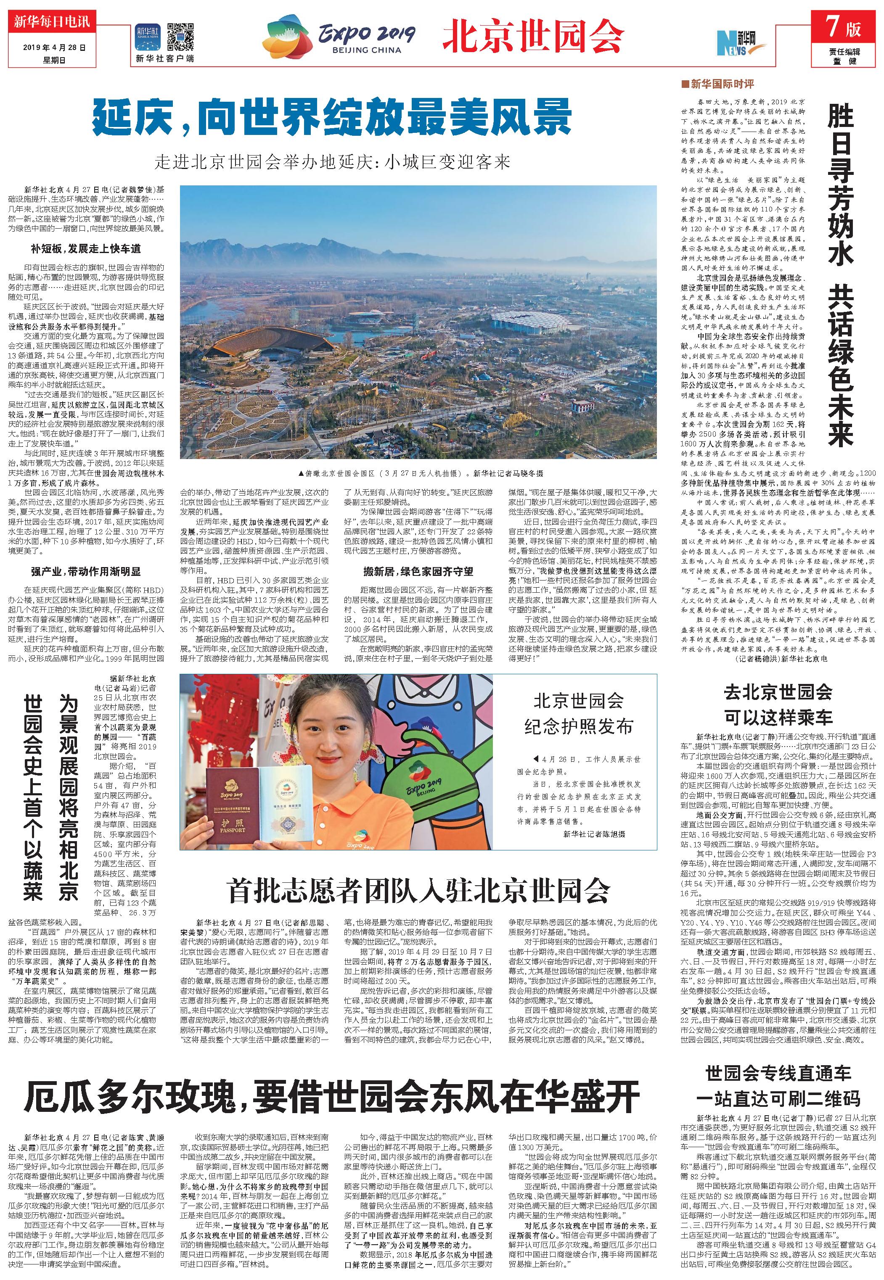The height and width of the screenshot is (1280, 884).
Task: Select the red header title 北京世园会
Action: pos(532,37)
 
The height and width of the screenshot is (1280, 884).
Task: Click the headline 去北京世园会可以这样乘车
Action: pos(778,704)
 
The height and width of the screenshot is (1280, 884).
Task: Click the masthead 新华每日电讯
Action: pos(49,23)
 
